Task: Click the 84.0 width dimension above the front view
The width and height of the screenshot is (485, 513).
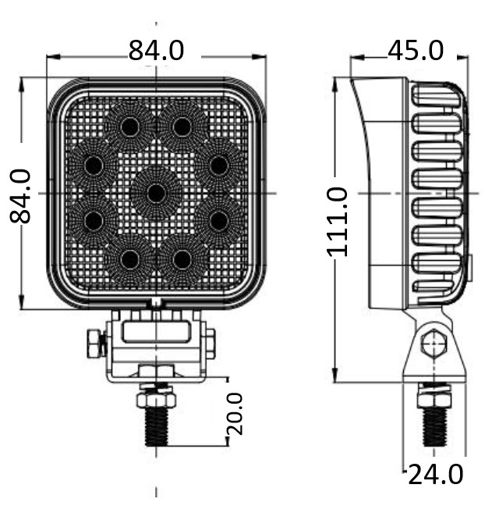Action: (156, 51)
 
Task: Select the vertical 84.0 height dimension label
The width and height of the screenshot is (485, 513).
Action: (20, 196)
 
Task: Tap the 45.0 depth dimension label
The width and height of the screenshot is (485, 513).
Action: (416, 51)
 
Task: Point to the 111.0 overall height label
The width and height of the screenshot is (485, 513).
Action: (337, 222)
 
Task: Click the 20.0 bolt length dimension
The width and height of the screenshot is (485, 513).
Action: (235, 414)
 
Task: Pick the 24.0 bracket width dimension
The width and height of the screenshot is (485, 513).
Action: (436, 475)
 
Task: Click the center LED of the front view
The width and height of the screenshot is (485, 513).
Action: (156, 194)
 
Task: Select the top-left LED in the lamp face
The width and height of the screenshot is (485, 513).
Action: (130, 126)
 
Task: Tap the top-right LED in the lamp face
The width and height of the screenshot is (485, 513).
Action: (182, 126)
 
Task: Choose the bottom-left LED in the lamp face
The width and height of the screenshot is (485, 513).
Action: (130, 260)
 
